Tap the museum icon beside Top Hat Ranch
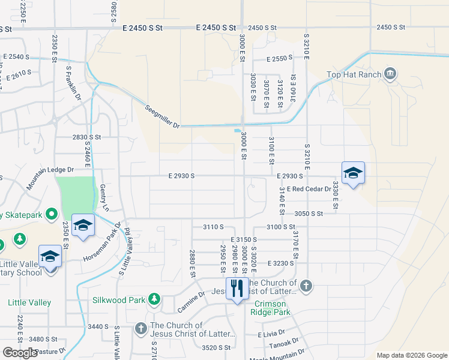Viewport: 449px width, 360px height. tap(390, 74)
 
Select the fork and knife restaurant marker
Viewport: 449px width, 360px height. tap(237, 289)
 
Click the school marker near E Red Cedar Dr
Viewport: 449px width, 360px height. tap(353, 174)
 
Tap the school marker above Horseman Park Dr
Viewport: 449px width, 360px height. tap(83, 226)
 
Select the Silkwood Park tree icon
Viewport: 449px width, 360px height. tap(154, 298)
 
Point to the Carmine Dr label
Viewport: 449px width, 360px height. tap(191, 306)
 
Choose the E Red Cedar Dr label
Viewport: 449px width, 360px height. tap(309, 189)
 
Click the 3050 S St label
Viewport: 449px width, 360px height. tap(309, 213)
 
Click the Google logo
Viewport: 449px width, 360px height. tap(20, 353)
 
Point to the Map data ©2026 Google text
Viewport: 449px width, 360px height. tap(411, 355)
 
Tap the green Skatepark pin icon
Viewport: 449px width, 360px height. tap(52, 214)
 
